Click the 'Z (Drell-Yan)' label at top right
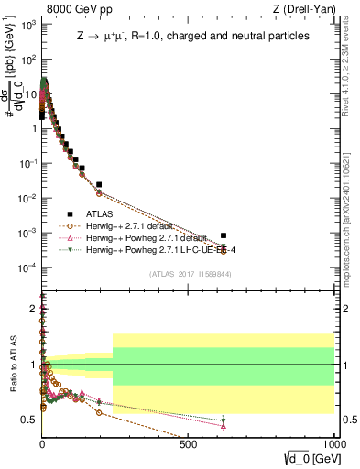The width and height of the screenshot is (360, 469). tap(303, 9)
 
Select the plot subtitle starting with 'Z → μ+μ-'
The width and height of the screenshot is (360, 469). tap(191, 36)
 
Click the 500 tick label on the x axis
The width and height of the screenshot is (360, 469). tap(189, 443)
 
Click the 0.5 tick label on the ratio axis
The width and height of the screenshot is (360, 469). tap(30, 420)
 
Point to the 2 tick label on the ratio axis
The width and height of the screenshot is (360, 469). tap(34, 310)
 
